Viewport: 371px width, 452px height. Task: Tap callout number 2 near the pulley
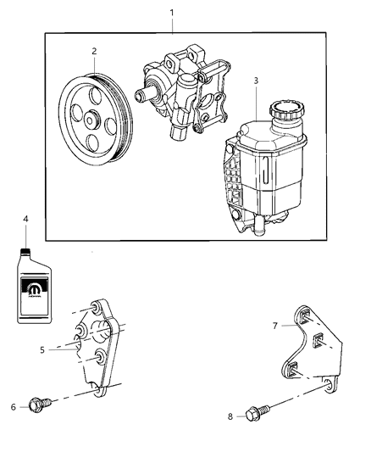93,51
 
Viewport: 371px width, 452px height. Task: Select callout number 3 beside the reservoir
257,81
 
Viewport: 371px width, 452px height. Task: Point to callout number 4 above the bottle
25,219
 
